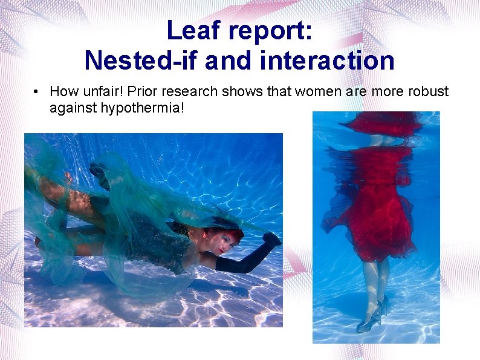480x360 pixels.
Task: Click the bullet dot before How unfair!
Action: click(37, 92)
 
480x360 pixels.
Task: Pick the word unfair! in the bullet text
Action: click(99, 92)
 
